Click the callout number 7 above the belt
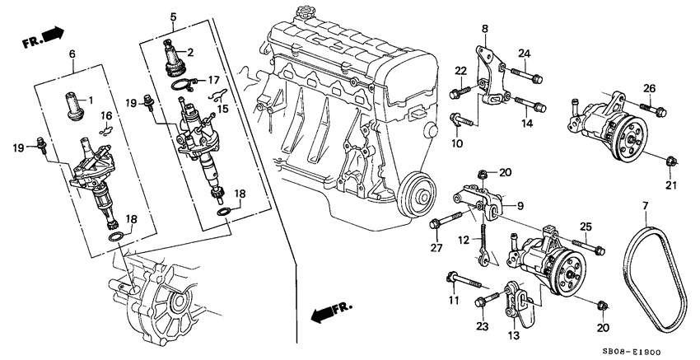point(645,203)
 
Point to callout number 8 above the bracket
point(484,29)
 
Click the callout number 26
point(650,89)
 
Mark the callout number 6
point(72,54)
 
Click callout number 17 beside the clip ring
point(213,80)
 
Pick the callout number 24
point(522,54)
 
